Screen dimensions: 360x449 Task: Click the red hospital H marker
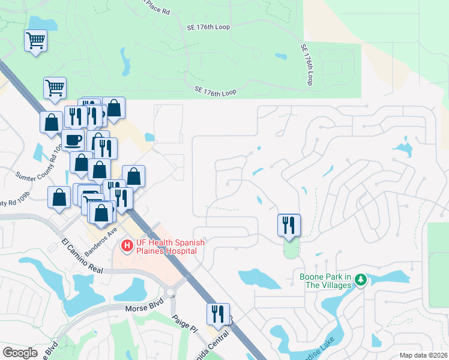point(127,245)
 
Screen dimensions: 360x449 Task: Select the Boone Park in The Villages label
point(325,281)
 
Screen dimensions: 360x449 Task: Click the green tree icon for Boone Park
point(360,280)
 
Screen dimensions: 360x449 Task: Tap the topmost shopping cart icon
point(35,41)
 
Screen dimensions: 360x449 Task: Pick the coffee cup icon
point(73,140)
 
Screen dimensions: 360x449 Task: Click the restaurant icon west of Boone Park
point(289,225)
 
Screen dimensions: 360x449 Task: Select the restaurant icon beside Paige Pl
point(218,314)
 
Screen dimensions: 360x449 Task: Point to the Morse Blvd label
point(141,308)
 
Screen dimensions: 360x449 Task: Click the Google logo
point(20,353)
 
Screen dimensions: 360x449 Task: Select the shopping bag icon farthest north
point(113,108)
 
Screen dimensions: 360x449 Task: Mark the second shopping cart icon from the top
point(55,88)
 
